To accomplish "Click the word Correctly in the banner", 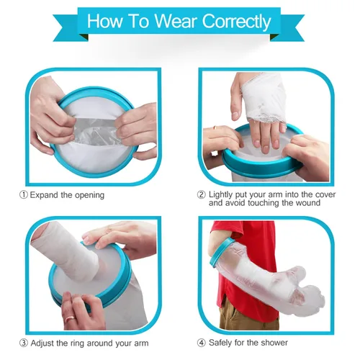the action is (236, 22).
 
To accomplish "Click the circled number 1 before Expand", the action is (24, 195).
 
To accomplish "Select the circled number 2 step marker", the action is (201, 194).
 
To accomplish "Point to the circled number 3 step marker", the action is (24, 343).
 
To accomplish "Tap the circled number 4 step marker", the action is (201, 343).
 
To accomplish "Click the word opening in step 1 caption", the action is (89, 196).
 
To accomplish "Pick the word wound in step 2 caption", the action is (308, 203).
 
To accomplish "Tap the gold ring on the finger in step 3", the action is (71, 319).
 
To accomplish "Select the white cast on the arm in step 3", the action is (65, 251).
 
